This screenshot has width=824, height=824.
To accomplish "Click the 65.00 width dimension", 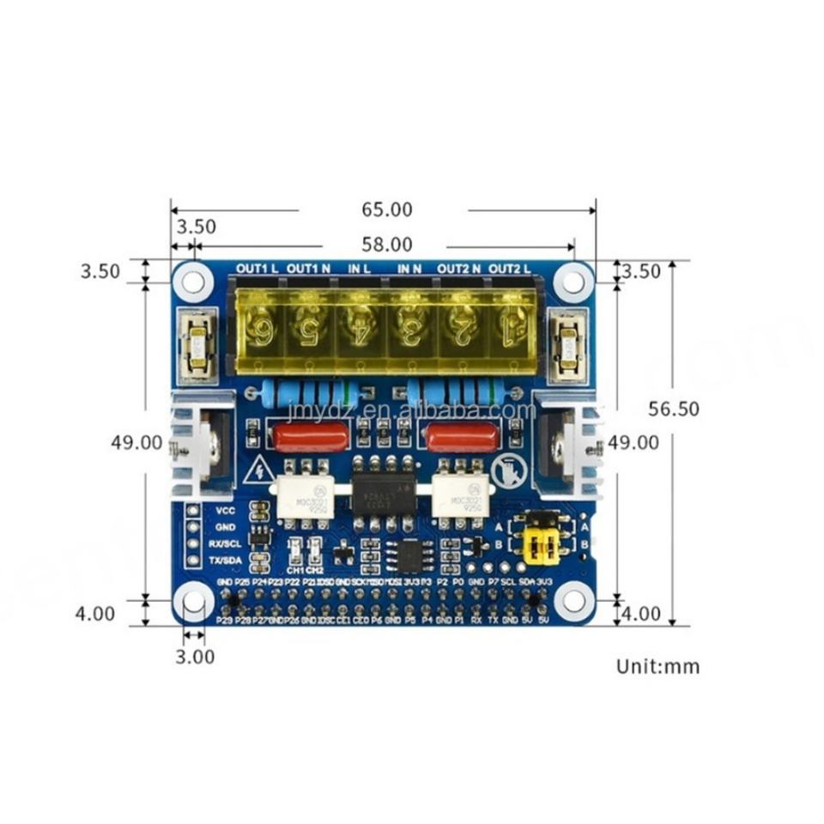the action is click(385, 209).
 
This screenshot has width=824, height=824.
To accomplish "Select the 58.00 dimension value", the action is click(385, 245).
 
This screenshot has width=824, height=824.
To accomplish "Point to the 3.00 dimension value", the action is click(195, 657).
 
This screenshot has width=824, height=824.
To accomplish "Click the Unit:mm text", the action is click(657, 666).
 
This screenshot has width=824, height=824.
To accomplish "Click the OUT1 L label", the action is click(257, 269).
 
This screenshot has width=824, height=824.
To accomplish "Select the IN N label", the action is click(409, 269).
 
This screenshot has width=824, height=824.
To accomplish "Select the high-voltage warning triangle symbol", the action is click(257, 471).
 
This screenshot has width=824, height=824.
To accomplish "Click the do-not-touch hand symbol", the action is click(506, 471).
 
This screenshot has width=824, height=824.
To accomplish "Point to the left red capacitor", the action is click(311, 436).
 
